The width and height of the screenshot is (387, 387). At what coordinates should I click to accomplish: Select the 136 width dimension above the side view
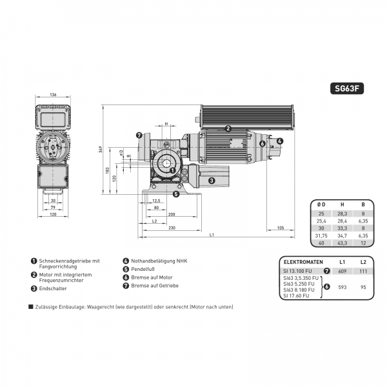point(53,95)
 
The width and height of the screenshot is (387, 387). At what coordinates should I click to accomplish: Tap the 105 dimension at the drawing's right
point(279,228)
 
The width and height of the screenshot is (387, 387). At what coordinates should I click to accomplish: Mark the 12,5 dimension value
point(155,201)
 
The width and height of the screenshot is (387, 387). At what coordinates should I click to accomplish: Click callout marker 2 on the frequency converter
point(228,128)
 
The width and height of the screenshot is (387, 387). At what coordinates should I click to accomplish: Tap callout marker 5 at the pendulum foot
point(176,193)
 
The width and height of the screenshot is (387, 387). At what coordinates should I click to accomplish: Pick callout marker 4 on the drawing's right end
point(279,141)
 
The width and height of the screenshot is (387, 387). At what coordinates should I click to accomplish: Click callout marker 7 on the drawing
point(139,135)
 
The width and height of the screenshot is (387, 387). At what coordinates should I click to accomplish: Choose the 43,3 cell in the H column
point(341,243)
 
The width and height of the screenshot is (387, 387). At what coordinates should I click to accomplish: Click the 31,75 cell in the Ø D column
point(320,235)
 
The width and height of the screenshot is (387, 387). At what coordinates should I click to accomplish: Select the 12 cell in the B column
point(362,243)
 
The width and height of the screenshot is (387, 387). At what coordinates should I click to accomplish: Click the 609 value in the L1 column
point(342,271)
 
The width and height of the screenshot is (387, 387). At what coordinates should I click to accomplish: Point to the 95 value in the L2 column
point(363,286)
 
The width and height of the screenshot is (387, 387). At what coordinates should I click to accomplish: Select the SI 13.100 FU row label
point(298,271)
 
